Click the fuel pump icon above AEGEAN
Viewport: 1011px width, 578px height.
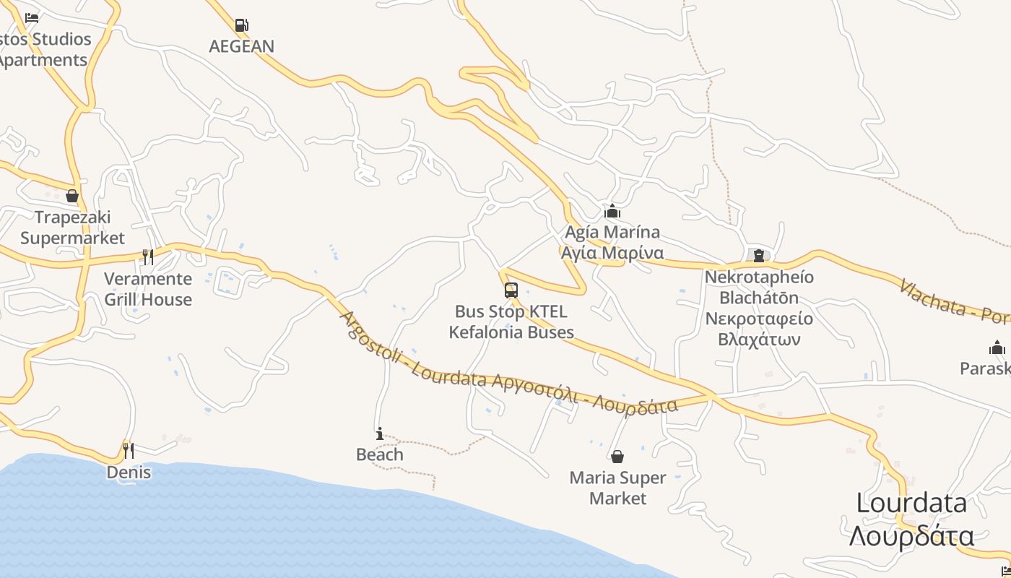[242, 25]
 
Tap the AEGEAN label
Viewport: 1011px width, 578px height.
[242, 46]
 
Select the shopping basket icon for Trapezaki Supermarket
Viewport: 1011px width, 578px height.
[72, 196]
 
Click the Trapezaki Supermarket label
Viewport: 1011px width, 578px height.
[72, 228]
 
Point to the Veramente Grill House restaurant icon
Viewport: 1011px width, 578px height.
[148, 256]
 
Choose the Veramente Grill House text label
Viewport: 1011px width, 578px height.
[148, 289]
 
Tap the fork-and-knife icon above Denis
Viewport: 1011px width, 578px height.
[129, 451]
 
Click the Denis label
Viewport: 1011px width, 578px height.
[129, 473]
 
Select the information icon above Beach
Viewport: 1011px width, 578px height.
[380, 433]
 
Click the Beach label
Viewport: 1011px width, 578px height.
[380, 454]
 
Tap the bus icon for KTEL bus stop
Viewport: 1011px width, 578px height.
[511, 290]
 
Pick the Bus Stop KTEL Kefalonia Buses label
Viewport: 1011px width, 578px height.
[511, 322]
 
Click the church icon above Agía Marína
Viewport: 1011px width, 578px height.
[612, 211]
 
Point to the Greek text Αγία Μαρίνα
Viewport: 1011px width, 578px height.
[612, 253]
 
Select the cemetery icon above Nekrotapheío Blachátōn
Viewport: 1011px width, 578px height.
[759, 255]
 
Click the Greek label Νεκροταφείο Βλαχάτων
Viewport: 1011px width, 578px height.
[759, 329]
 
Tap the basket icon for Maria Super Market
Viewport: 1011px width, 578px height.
[617, 457]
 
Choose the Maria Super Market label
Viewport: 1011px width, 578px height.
[617, 488]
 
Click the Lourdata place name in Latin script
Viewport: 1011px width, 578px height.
[911, 503]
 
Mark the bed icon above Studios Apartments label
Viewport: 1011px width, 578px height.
[31, 17]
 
